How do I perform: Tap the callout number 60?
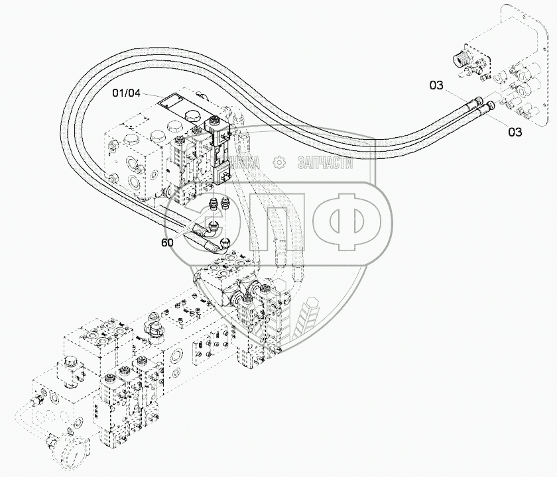167,242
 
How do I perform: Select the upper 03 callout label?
436,85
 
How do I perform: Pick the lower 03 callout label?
515,132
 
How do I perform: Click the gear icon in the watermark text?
279,161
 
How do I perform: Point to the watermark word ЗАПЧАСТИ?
326,162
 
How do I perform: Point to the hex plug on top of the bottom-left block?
71,364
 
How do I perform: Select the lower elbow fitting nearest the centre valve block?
223,244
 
